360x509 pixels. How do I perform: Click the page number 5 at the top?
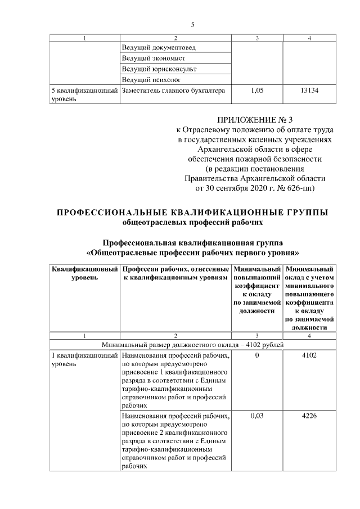pos(192,25)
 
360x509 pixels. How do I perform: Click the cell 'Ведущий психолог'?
pos(151,79)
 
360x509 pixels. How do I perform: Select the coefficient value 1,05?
pos(256,90)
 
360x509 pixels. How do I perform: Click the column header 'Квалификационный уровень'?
pos(85,273)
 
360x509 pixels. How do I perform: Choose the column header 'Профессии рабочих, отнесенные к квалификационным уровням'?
pos(176,273)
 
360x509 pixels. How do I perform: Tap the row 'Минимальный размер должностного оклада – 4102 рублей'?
pos(192,344)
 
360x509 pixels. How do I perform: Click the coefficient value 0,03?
pos(256,416)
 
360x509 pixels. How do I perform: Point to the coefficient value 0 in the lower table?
pos(256,355)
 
